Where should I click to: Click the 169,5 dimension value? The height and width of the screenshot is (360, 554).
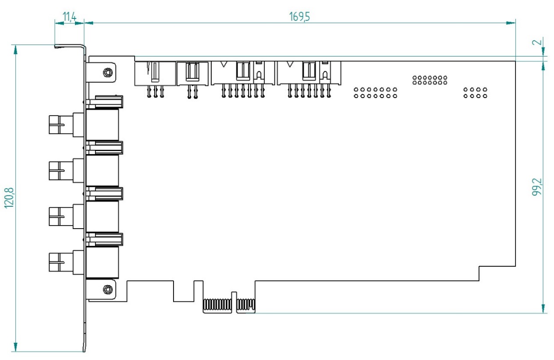click(300, 17)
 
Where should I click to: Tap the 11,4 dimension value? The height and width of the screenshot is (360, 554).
click(69, 17)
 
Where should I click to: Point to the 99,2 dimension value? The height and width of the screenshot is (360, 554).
click(537, 187)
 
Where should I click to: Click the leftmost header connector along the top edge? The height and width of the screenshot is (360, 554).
click(155, 73)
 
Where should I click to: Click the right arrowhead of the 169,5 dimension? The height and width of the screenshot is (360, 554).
click(511, 22)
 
